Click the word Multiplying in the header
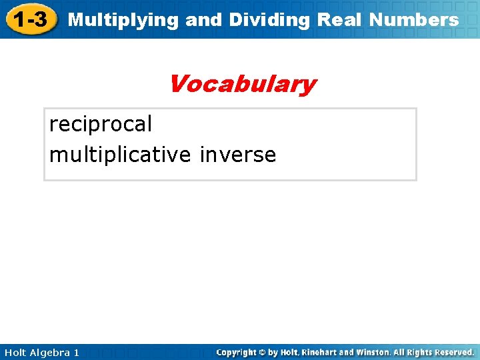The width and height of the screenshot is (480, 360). [123, 20]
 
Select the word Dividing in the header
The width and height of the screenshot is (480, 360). [269, 20]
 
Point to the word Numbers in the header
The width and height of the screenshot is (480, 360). [413, 20]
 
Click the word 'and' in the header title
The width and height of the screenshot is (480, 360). [203, 20]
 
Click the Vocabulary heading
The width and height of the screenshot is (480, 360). [241, 85]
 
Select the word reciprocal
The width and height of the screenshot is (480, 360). [101, 124]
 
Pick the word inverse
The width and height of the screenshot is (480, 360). [237, 155]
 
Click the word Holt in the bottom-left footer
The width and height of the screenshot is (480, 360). [14, 352]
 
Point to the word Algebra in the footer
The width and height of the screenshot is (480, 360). [49, 352]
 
